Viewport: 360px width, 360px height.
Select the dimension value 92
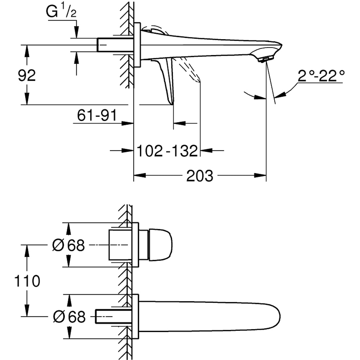click(x=27, y=75)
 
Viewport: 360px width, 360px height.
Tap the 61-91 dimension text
click(x=97, y=116)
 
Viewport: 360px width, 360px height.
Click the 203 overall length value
click(x=200, y=176)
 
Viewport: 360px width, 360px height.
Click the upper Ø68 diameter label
click(x=68, y=245)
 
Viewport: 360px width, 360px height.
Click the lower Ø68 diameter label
click(x=69, y=317)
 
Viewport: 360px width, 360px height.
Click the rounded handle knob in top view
click(x=160, y=244)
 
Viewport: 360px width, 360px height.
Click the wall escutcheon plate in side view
click(x=137, y=45)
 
